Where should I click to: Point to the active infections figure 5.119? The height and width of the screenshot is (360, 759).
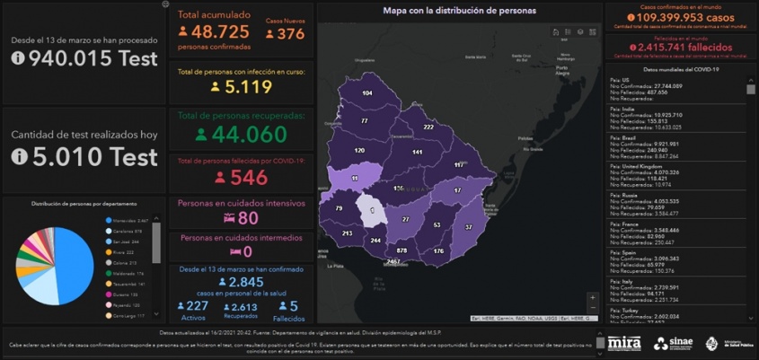[x=247, y=87]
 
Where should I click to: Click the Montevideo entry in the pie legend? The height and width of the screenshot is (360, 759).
[x=129, y=220]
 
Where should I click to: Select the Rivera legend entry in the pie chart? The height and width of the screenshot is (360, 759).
[x=127, y=252]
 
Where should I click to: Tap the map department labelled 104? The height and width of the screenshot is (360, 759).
[x=367, y=92]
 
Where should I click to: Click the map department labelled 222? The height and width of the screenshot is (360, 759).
[x=428, y=127]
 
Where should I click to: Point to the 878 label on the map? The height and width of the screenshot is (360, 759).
[x=402, y=250]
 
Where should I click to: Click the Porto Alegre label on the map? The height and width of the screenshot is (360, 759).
[x=563, y=71]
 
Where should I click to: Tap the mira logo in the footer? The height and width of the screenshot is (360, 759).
[x=624, y=342]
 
